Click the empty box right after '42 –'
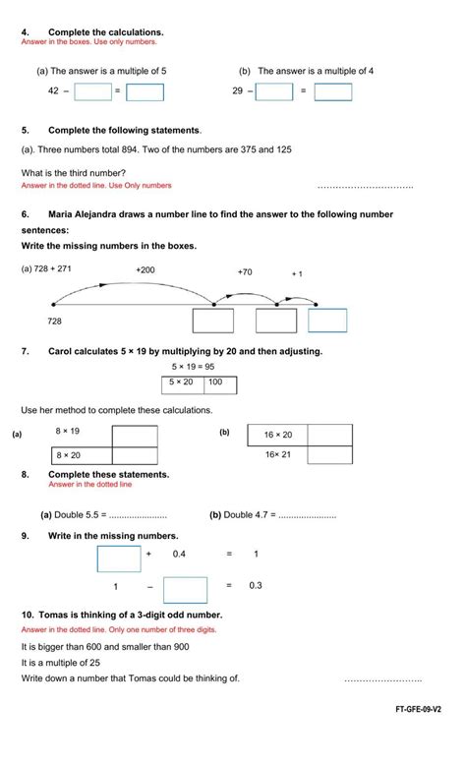tap(92, 91)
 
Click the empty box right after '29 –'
tap(274, 91)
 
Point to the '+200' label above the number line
tap(146, 268)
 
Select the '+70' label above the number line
tap(245, 271)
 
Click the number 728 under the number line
tap(55, 321)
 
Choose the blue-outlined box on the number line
tap(327, 321)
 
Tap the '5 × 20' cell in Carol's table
tap(182, 382)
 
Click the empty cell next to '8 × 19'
tap(135, 434)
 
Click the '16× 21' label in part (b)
tap(278, 454)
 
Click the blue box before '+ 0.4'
tap(119, 557)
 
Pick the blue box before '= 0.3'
tap(185, 589)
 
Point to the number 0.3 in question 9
tap(256, 586)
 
